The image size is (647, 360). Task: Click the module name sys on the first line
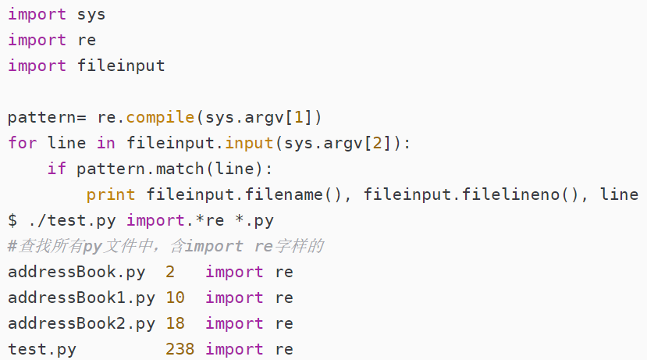[x=91, y=14]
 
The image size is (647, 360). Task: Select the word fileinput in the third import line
[x=121, y=66]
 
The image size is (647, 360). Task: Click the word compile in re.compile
[x=160, y=117]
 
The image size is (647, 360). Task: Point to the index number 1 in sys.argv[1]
[x=298, y=117]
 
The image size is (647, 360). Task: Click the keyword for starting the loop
[x=23, y=143]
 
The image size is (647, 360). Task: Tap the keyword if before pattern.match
[x=57, y=169]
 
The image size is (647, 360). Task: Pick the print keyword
[x=111, y=194]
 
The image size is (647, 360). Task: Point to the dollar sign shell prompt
[x=12, y=220]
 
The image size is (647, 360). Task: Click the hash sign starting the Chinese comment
[x=12, y=246]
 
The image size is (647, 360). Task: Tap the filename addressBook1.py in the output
[x=82, y=298]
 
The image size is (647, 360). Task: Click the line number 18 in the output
[x=175, y=323]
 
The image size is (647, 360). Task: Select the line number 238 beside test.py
[x=180, y=349]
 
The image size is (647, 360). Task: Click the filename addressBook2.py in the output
[x=82, y=323]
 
